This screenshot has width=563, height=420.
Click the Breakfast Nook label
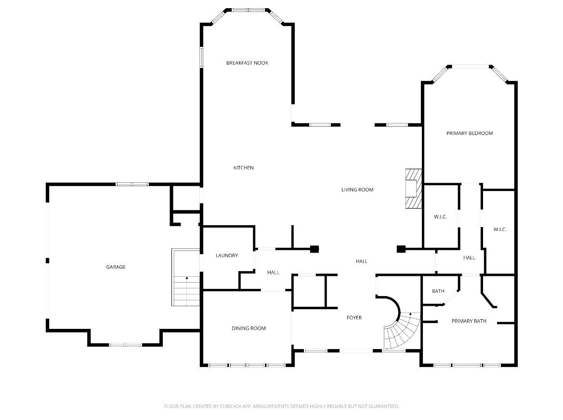(247, 63)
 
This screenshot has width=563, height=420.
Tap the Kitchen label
(243, 168)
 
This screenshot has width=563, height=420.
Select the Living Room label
(357, 190)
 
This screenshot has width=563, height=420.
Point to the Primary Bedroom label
(469, 134)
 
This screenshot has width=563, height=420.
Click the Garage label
(116, 267)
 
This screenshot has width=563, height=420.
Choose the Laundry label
(226, 256)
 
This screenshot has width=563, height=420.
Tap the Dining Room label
(249, 328)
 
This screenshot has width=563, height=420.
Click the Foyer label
(354, 318)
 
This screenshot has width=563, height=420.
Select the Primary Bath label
(469, 321)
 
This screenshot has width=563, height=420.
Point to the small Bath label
(438, 291)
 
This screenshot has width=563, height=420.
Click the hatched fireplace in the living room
(413, 189)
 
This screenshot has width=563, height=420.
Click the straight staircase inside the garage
(185, 277)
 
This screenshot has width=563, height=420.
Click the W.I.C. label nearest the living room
(440, 217)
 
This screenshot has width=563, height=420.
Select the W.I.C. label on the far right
(500, 230)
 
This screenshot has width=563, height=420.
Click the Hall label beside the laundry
(273, 272)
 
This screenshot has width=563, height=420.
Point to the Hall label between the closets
(469, 258)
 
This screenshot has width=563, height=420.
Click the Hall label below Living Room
(362, 261)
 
